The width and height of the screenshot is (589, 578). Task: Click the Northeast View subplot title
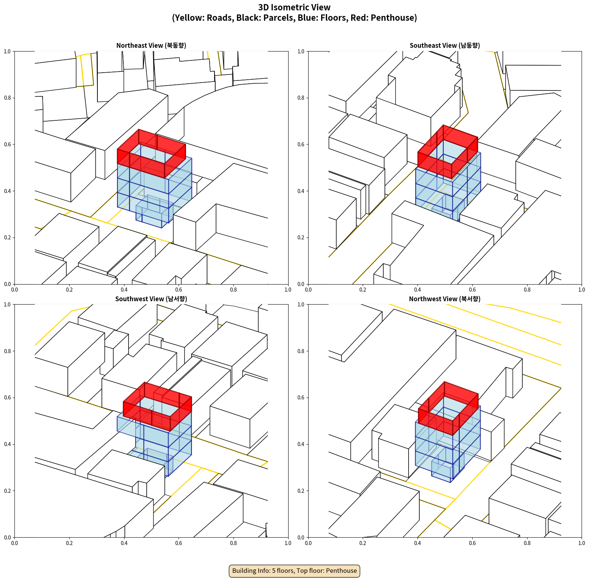click(x=151, y=46)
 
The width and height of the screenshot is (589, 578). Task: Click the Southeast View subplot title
click(x=445, y=46)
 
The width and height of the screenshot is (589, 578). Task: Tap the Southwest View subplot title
click(x=151, y=299)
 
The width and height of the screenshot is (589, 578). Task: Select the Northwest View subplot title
click(x=445, y=299)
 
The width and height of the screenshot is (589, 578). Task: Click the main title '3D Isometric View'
click(x=294, y=7)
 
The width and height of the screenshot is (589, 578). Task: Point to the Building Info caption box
click(x=294, y=571)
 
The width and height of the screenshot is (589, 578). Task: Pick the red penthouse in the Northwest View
click(x=448, y=409)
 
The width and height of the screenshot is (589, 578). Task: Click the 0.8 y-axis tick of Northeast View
click(x=7, y=98)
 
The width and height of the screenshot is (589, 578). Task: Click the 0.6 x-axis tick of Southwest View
click(x=179, y=543)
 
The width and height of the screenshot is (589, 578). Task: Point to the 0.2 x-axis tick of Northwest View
click(x=363, y=543)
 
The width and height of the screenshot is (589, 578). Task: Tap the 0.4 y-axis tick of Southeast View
click(x=301, y=191)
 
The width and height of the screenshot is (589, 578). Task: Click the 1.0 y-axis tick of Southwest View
click(x=7, y=305)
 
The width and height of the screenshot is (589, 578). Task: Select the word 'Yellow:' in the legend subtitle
click(x=189, y=18)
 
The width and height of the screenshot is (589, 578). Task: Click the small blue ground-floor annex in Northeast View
click(x=153, y=211)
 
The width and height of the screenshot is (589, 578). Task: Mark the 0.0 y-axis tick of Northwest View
click(x=301, y=538)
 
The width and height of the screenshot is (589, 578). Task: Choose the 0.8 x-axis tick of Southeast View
click(x=527, y=290)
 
